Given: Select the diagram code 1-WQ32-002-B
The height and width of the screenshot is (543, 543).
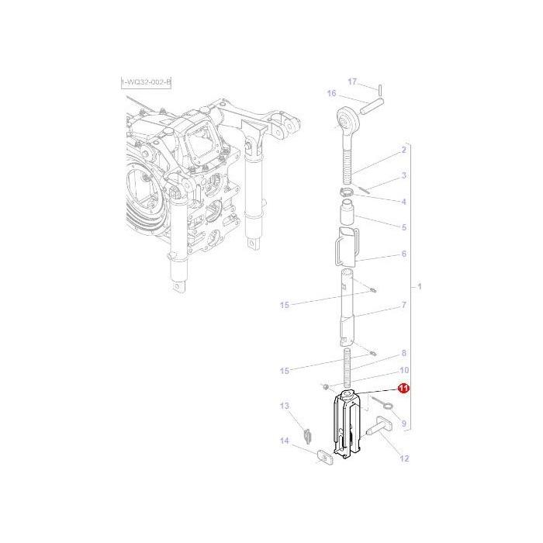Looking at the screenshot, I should [x=145, y=81].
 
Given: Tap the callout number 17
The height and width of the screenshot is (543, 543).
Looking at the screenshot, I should [x=351, y=81].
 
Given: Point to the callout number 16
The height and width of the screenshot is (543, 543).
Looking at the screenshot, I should [x=331, y=94].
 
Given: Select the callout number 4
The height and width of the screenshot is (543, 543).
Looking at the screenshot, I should [x=403, y=202].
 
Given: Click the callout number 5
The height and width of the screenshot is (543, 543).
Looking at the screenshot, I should [x=403, y=227].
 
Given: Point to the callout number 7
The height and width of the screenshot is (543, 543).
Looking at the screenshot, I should [x=403, y=306].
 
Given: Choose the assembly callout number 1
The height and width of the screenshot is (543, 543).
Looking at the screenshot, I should [x=420, y=286].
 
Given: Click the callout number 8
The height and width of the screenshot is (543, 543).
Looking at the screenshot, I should [x=403, y=353].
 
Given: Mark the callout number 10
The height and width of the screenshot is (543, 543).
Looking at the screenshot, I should [x=403, y=370].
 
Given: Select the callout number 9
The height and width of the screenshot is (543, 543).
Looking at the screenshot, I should [x=403, y=423].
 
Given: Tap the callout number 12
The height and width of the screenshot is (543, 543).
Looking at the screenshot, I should [x=403, y=458].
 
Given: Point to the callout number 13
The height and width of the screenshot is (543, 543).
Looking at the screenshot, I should [x=284, y=406].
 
